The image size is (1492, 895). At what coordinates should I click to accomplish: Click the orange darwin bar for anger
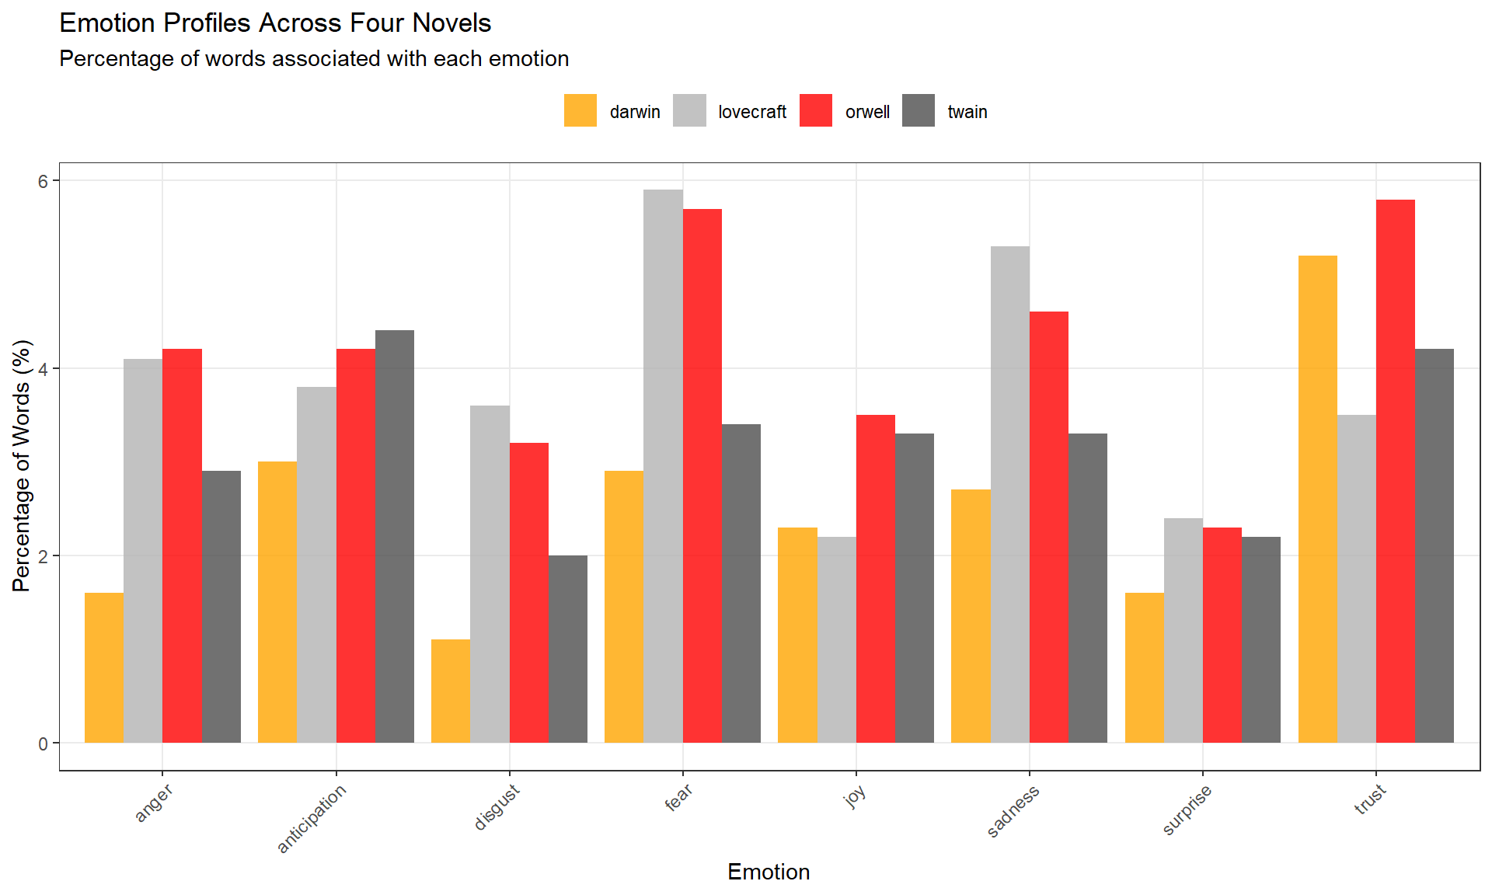coord(104,668)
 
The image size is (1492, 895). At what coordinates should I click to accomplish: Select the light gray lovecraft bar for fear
coord(663,466)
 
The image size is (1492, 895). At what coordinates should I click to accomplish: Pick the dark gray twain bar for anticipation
coord(395,536)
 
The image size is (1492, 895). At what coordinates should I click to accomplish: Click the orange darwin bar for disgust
coord(451,691)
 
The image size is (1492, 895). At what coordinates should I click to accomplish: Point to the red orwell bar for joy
coord(875,579)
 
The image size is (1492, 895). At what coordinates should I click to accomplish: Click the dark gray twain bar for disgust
coord(568,649)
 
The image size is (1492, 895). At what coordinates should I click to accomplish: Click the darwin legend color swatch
coord(580,111)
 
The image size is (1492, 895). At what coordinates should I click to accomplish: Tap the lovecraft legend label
coord(751,112)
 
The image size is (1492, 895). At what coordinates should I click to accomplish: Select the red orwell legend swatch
coord(816,111)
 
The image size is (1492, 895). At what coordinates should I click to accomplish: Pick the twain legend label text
coord(967,112)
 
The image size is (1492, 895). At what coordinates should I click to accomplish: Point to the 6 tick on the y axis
coord(44,181)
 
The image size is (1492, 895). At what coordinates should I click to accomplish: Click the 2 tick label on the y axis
coord(44,556)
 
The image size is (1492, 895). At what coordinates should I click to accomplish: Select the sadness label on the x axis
coord(1013,811)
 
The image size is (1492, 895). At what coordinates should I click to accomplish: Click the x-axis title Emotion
coord(769,872)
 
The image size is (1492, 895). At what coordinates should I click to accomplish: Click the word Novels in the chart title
coord(451,23)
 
